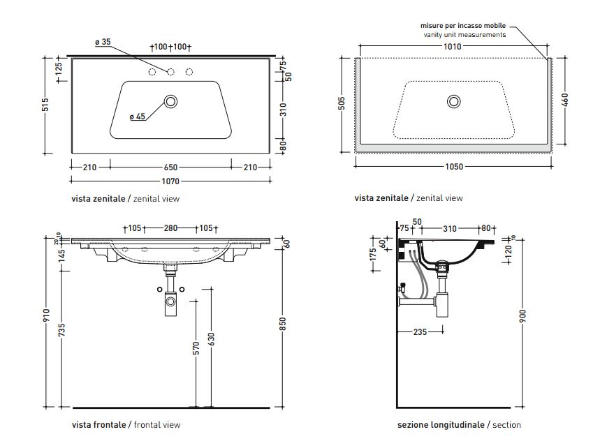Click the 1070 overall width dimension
[171, 181]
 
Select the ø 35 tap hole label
[103, 43]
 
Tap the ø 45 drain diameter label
[137, 117]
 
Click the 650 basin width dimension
[171, 167]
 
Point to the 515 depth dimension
[45, 105]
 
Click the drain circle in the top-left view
[170, 102]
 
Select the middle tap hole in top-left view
[170, 72]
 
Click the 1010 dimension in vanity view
[453, 47]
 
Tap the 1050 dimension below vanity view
[453, 167]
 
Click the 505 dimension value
[342, 104]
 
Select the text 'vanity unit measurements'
[464, 35]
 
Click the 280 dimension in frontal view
[170, 228]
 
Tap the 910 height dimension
[45, 316]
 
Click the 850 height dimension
[284, 325]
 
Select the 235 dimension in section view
[419, 332]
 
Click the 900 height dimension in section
[522, 315]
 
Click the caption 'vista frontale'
[98, 425]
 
